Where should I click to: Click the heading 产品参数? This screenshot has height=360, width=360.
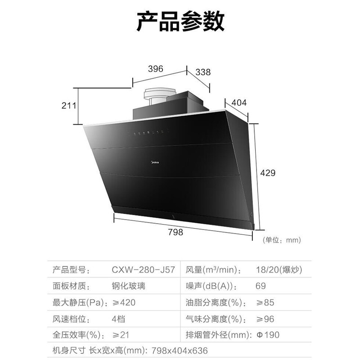pyautogui.click(x=180, y=21)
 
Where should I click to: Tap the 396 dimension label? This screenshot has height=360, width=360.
pyautogui.click(x=155, y=68)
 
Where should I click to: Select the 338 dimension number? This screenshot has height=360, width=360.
pyautogui.click(x=203, y=72)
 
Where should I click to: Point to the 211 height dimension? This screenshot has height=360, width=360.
pyautogui.click(x=69, y=106)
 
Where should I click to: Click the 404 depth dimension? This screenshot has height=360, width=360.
pyautogui.click(x=239, y=103)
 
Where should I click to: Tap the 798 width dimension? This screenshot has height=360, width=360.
pyautogui.click(x=175, y=232)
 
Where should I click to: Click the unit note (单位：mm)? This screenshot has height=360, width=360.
pyautogui.click(x=282, y=240)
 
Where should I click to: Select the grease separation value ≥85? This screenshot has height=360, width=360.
pyautogui.click(x=264, y=302)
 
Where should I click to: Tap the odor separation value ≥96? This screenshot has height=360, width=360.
pyautogui.click(x=264, y=319)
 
